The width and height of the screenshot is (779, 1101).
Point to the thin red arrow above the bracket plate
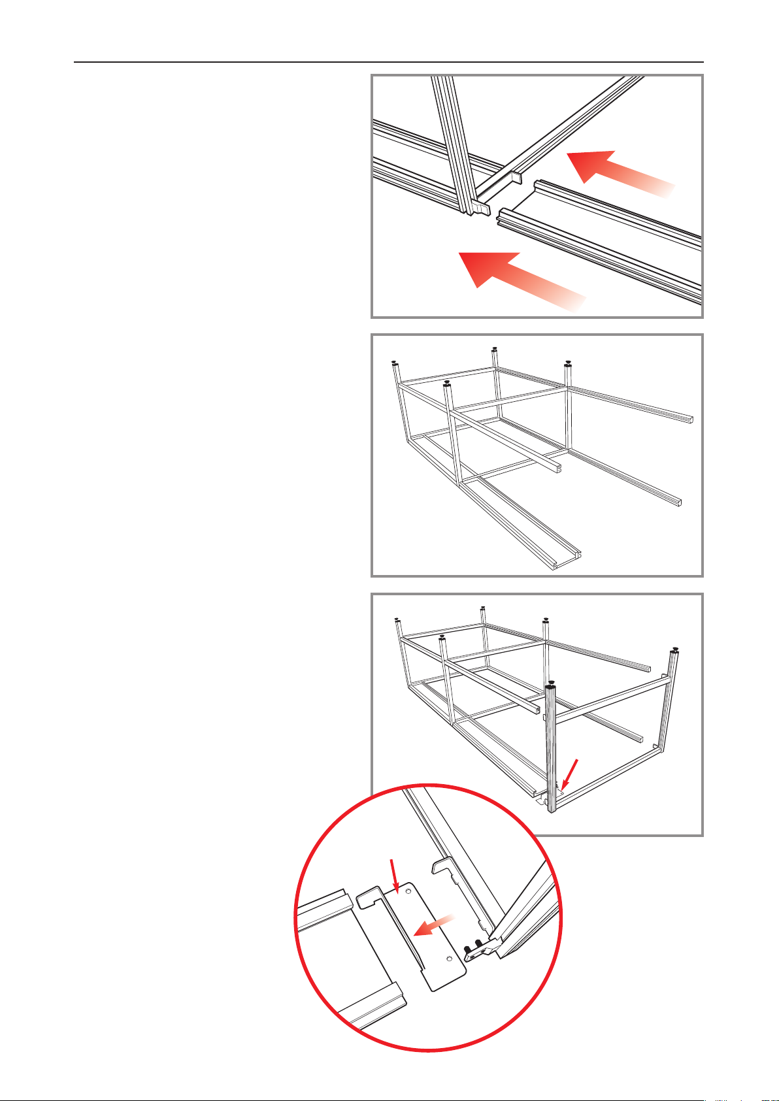point(394,876)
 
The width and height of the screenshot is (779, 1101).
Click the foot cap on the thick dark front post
point(552,683)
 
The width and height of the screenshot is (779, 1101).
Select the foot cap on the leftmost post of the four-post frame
point(394,363)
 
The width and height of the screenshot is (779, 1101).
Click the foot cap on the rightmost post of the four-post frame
point(569,363)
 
